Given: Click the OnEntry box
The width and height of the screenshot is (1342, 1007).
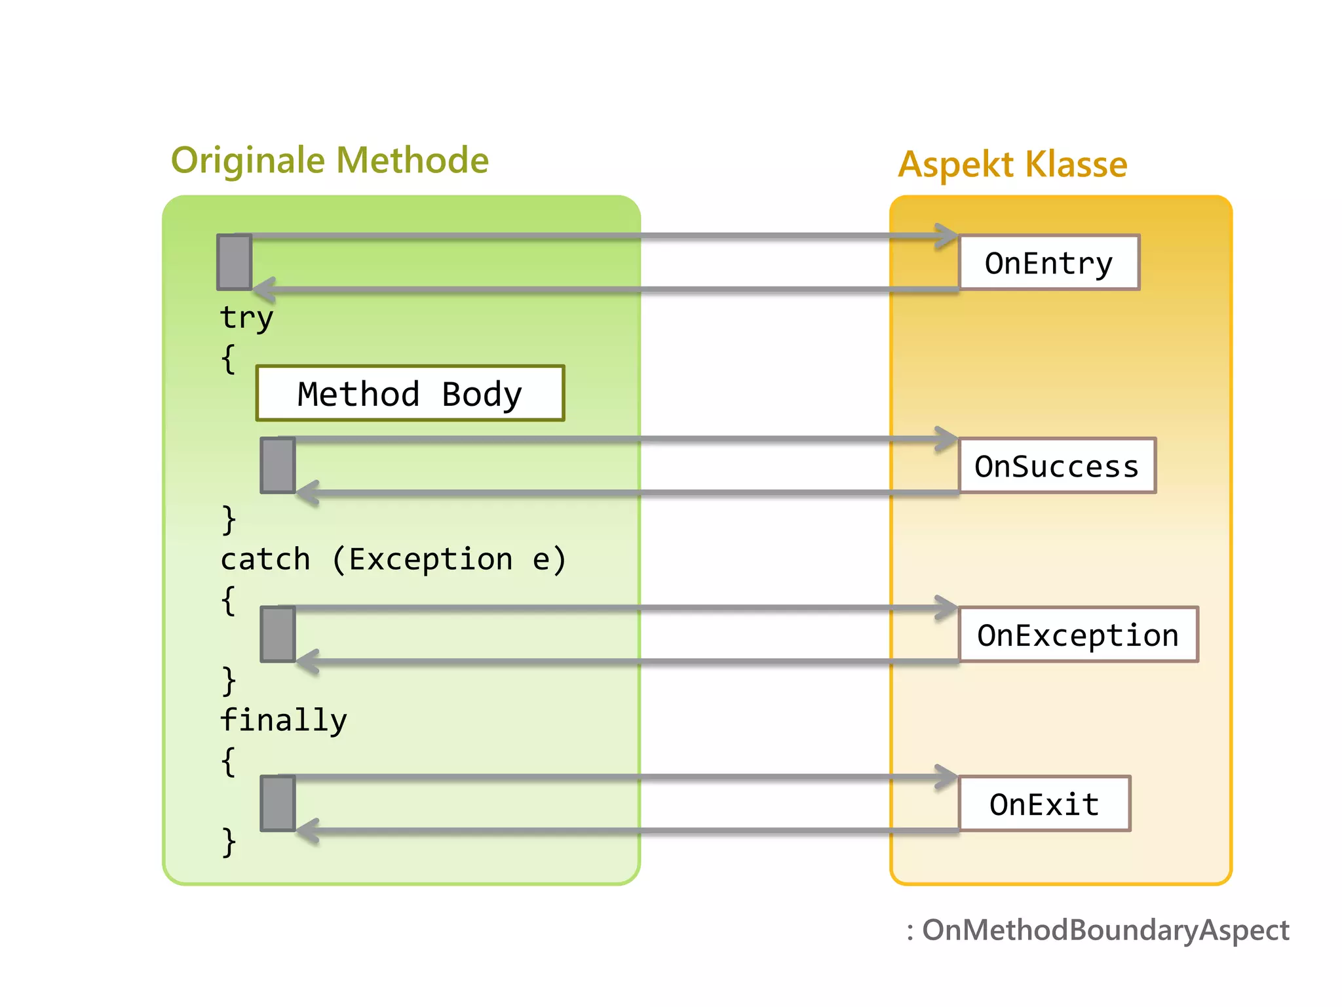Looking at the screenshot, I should coord(1048,262).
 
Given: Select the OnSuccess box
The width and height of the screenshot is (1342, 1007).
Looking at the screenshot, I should coord(1056,465).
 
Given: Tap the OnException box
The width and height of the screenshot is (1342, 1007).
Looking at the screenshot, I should coord(1078,635).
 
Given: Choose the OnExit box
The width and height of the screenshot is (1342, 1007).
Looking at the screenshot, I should coord(1044,804).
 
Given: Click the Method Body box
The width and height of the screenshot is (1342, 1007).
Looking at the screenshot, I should coord(410,393).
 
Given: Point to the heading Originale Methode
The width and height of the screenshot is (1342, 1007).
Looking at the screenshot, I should coord(330,161).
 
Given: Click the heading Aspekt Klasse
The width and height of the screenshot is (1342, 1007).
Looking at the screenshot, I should coord(1012,164).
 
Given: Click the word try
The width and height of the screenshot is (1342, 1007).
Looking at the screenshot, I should coord(246,317).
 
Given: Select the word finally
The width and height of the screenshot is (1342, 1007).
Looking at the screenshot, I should coord(283,720).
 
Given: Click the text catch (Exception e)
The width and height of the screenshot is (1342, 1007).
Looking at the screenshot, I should coord(393,560).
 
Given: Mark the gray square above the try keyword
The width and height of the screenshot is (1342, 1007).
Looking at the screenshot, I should coord(235,262).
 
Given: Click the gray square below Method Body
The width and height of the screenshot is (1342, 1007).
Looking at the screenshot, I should coord(278,465).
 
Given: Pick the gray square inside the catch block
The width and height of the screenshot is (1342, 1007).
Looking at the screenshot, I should coord(278,635).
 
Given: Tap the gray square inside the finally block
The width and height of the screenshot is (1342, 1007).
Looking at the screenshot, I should coord(278,804).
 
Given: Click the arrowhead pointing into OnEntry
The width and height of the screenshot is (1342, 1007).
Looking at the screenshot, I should coord(947,236).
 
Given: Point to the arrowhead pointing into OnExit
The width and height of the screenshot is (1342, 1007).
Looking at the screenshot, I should coord(947,778).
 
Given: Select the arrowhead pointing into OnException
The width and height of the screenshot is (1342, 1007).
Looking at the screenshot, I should coord(947,608).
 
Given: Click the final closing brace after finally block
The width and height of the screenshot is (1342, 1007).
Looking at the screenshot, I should coord(228,842).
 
